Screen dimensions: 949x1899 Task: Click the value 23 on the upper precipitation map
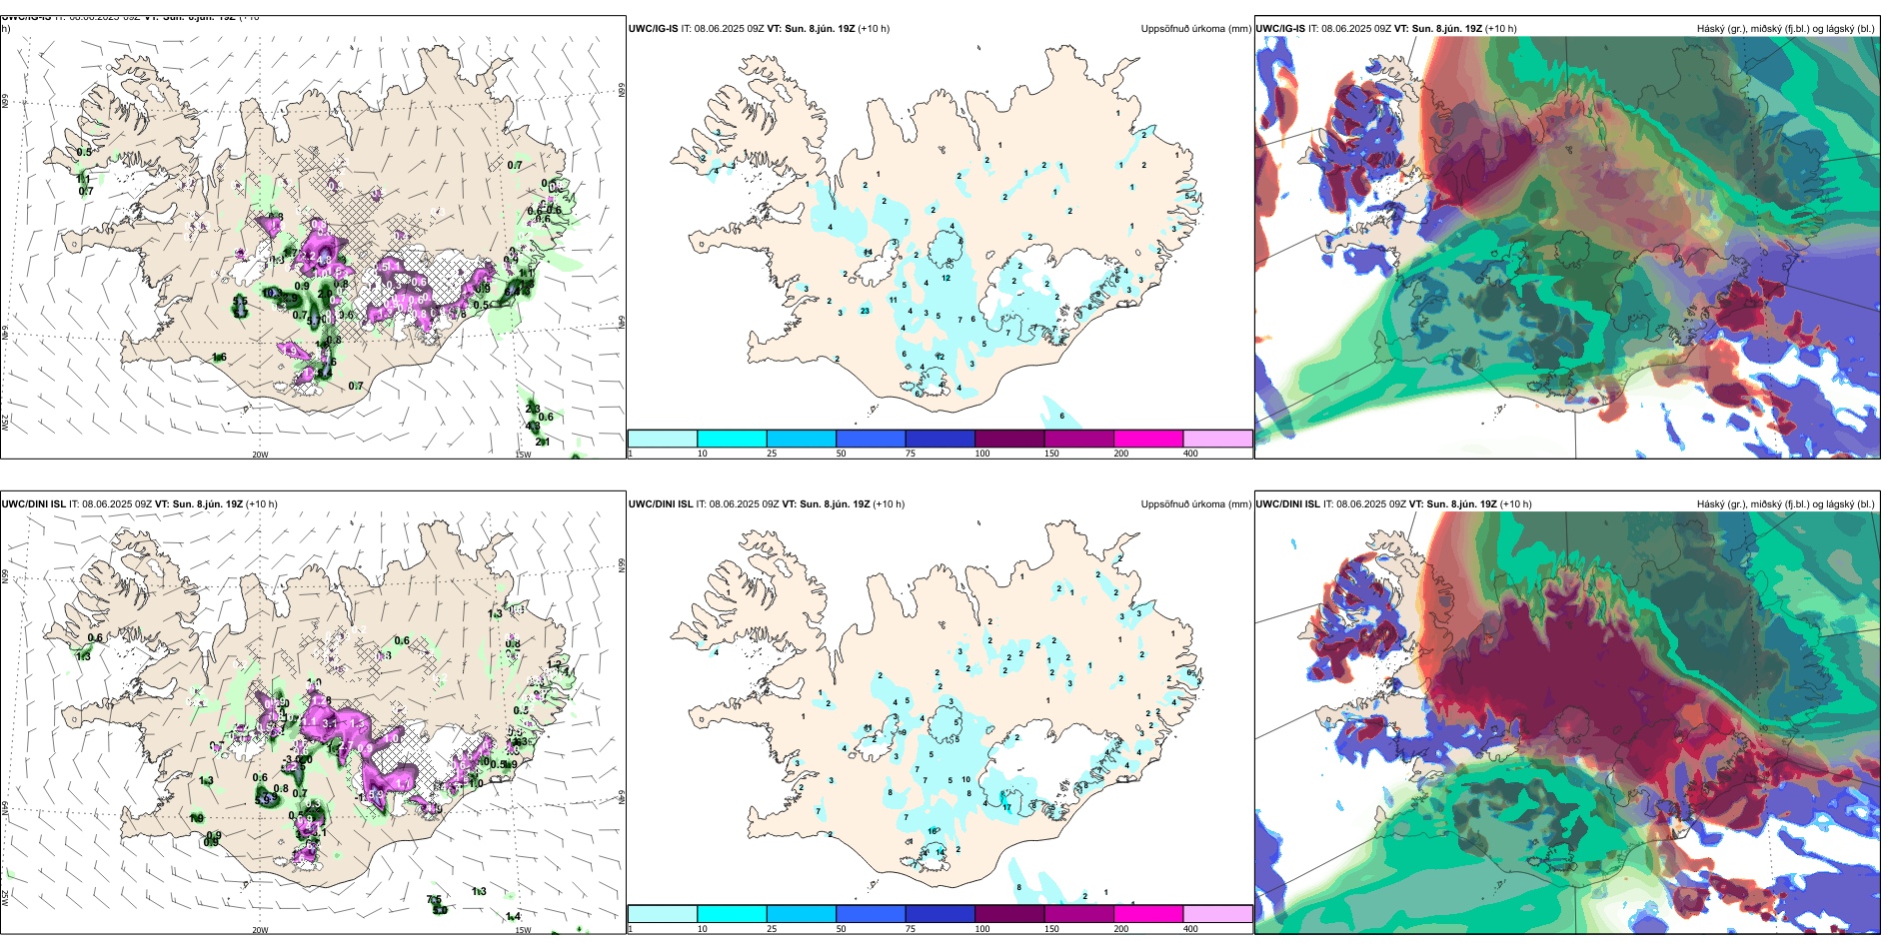pyautogui.click(x=865, y=311)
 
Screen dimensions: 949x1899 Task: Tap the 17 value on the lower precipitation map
pyautogui.click(x=1006, y=807)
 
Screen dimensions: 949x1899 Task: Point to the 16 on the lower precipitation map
pyautogui.click(x=933, y=831)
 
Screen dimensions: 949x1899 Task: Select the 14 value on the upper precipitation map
pyautogui.click(x=868, y=253)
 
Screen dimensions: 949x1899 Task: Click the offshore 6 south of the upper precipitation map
pyautogui.click(x=1061, y=416)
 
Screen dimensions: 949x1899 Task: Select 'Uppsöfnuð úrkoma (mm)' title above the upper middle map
pyautogui.click(x=1195, y=29)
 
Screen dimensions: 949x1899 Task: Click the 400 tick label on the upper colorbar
pyautogui.click(x=1190, y=454)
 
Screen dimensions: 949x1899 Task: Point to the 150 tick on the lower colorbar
pyautogui.click(x=1051, y=929)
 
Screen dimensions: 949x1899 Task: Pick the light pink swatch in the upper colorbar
pyautogui.click(x=1217, y=439)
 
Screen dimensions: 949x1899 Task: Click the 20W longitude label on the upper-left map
pyautogui.click(x=260, y=455)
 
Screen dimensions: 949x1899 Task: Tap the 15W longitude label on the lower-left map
pyautogui.click(x=523, y=930)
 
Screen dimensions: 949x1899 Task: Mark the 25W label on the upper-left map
pyautogui.click(x=5, y=423)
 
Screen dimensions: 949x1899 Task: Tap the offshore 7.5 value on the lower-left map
pyautogui.click(x=434, y=900)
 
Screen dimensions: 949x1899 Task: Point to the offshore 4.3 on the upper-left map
pyautogui.click(x=533, y=427)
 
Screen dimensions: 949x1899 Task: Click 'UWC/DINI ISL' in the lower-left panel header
pyautogui.click(x=33, y=504)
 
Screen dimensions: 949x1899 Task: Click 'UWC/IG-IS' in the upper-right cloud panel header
pyautogui.click(x=1280, y=29)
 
